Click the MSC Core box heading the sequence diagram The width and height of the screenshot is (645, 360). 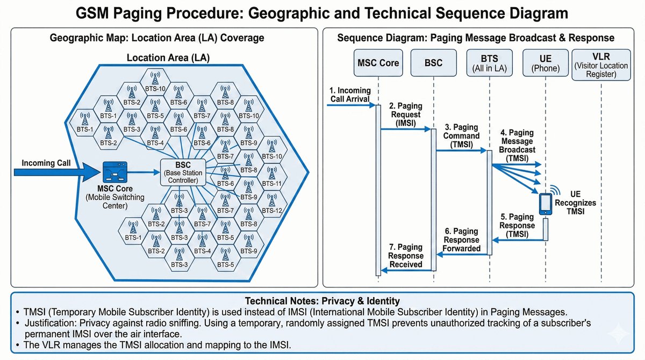pyautogui.click(x=378, y=63)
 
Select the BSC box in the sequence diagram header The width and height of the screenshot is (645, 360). pyautogui.click(x=433, y=63)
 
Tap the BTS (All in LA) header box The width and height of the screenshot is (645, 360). pyautogui.click(x=489, y=63)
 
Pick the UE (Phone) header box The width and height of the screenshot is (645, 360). pyautogui.click(x=545, y=63)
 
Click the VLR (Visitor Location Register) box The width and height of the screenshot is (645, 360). pyautogui.click(x=601, y=64)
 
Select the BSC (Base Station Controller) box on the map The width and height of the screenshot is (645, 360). pyautogui.click(x=183, y=172)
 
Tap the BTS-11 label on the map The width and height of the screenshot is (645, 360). pyautogui.click(x=272, y=183)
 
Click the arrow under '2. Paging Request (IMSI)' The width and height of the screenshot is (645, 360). pyautogui.click(x=406, y=129)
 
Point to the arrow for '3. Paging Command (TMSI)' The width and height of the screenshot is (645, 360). pyautogui.click(x=461, y=151)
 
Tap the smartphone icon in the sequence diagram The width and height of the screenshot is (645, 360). pyautogui.click(x=545, y=205)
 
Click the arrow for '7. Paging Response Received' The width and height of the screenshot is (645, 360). pyautogui.click(x=406, y=270)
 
